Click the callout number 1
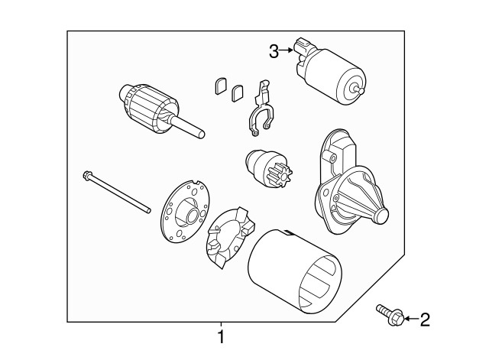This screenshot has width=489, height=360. (x=221, y=336)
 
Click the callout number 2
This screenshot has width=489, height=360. (x=424, y=319)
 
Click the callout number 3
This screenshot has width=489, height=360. (x=274, y=51)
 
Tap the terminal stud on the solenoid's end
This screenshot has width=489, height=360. (x=359, y=88)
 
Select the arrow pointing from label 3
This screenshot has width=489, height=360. (x=288, y=51)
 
